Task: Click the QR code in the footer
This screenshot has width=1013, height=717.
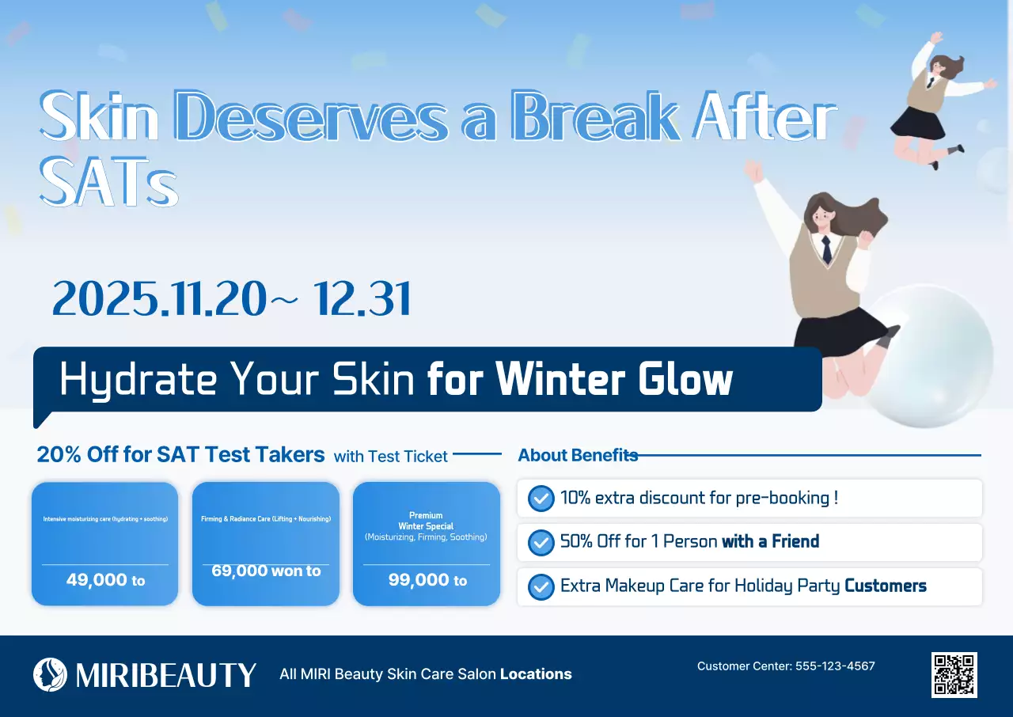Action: point(954,674)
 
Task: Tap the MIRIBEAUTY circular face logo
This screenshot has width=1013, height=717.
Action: point(50,674)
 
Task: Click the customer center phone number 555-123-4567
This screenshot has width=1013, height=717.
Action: point(835,666)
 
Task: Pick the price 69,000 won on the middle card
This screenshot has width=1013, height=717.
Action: point(252,571)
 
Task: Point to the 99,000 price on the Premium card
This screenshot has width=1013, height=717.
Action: point(419,580)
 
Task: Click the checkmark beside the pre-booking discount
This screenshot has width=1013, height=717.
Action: point(541,499)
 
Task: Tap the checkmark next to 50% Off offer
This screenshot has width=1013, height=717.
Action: point(541,542)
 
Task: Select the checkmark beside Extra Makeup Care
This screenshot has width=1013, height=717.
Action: point(541,586)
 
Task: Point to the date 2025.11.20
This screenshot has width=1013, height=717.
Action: point(159,299)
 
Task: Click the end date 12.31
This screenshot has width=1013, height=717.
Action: point(362,299)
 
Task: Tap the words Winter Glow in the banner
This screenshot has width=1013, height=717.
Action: point(613,380)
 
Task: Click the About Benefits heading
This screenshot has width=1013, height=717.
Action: point(577,455)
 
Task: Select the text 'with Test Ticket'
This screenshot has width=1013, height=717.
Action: point(390,457)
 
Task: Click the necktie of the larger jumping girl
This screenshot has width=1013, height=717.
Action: point(825,249)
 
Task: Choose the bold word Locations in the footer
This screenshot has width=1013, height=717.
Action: point(536,674)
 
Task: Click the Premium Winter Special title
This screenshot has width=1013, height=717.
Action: point(426,521)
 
